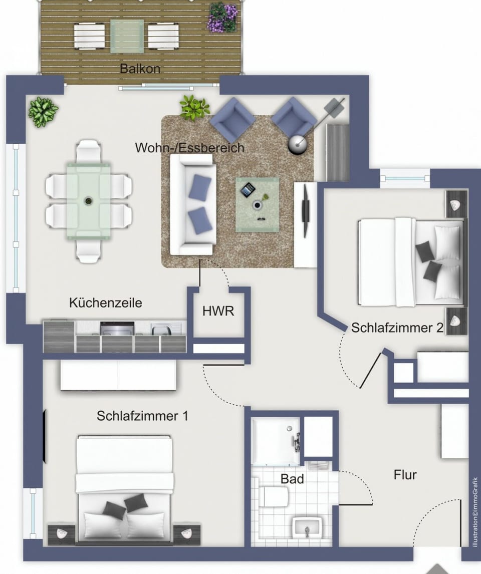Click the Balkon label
coord(140,69)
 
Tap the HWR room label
coord(218,311)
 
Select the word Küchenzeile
coord(105,303)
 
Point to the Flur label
coord(405,475)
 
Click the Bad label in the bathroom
coord(292,479)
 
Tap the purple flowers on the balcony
coord(222,18)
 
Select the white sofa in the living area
coord(192,204)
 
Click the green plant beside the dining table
coord(43,112)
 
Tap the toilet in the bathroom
coord(273,496)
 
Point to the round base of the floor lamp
coord(298,144)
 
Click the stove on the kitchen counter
coord(117,328)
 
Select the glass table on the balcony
coord(127,36)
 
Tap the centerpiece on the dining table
coord(88,201)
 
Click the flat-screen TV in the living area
coord(305,210)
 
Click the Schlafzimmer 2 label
coord(397,328)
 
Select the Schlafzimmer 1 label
coord(142,416)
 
